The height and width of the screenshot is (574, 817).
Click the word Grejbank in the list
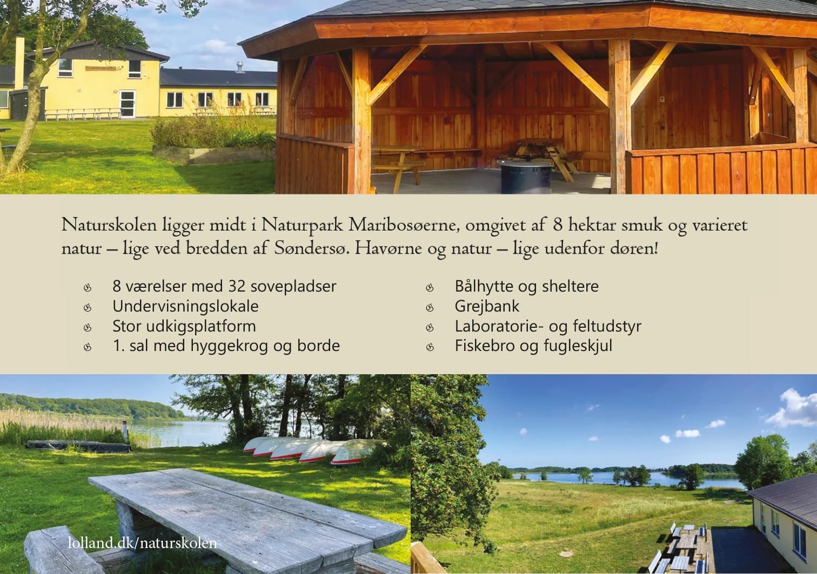pyautogui.click(x=486, y=307)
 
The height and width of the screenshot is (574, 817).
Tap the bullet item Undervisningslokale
pyautogui.click(x=185, y=307)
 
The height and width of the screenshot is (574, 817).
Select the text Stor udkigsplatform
pyautogui.click(x=184, y=326)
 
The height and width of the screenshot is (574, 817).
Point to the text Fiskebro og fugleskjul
pyautogui.click(x=533, y=346)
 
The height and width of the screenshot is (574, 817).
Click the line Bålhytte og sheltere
pyautogui.click(x=527, y=286)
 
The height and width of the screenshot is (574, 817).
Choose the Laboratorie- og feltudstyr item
pyautogui.click(x=548, y=326)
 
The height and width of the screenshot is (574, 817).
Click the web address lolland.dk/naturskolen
pyautogui.click(x=142, y=543)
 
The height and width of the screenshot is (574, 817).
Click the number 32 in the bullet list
pyautogui.click(x=237, y=286)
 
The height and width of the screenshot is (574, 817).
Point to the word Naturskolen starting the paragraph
pyautogui.click(x=109, y=226)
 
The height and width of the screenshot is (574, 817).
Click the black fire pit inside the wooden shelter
pyautogui.click(x=526, y=177)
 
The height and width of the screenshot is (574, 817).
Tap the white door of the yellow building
pyautogui.click(x=128, y=104)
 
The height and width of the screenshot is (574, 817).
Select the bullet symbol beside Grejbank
pyautogui.click(x=430, y=308)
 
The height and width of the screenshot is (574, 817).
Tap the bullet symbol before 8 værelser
pyautogui.click(x=88, y=288)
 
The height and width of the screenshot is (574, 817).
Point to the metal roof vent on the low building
pyautogui.click(x=239, y=67)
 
